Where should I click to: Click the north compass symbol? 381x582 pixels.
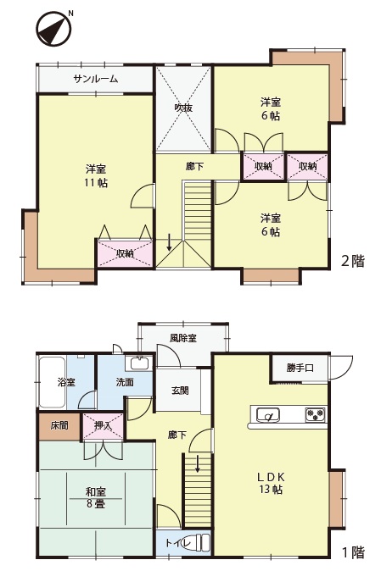pos(54,28)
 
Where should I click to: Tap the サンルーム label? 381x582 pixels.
pos(96,79)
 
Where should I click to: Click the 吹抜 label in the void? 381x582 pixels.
pos(183,108)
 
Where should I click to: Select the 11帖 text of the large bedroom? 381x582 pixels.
pos(96,183)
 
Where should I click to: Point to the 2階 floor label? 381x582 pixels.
pos(353,261)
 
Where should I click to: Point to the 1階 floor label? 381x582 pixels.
pos(353,552)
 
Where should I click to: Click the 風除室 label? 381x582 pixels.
pos(183,338)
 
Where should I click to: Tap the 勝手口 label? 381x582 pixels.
pos(300,368)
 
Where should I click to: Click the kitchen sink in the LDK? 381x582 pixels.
pos(267,415)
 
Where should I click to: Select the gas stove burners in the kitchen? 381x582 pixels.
pos(316,414)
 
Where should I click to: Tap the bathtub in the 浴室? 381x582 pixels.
pos(53,381)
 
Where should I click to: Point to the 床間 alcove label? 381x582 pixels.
pos(59,425)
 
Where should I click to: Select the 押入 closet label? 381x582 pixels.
pos(103,425)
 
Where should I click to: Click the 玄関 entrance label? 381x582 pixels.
pos(180,391)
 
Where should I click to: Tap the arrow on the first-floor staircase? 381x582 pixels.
pos(198,463)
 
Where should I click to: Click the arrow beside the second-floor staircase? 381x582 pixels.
pos(169,242)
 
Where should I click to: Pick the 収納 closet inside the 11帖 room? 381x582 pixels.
pos(126,253)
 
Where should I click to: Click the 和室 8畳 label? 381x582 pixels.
pos(96,498)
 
